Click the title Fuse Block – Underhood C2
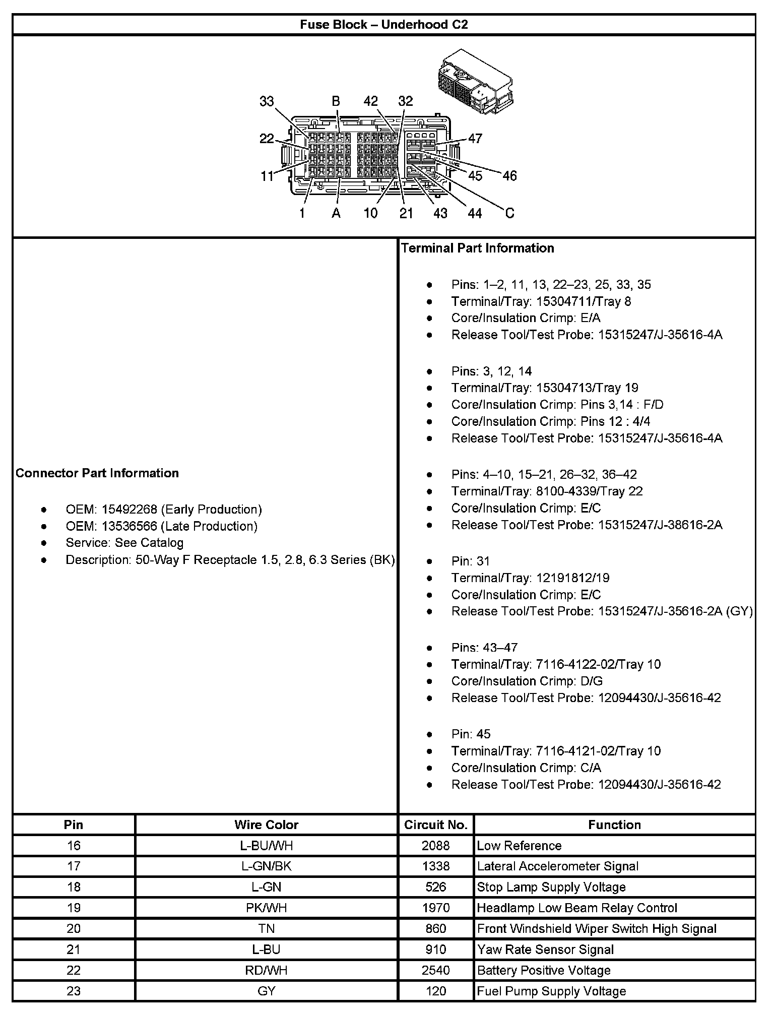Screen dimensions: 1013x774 [384, 25]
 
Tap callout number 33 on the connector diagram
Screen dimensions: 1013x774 [267, 101]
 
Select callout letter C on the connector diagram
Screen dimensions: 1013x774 [509, 213]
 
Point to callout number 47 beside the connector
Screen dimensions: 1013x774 [475, 138]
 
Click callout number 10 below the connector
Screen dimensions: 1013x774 [370, 213]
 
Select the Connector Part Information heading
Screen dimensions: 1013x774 [97, 473]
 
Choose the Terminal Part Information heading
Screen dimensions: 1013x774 [477, 248]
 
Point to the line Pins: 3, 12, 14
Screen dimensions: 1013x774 [491, 371]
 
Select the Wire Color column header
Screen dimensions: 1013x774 [266, 825]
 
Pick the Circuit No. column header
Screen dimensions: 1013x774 [436, 825]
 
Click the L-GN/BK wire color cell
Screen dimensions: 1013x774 [266, 866]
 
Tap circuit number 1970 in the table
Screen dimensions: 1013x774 [436, 908]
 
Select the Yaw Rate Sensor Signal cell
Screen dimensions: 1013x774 [545, 949]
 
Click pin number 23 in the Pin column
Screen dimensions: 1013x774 [74, 991]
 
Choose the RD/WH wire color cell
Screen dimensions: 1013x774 [266, 970]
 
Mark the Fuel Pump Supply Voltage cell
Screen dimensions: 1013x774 [551, 991]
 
